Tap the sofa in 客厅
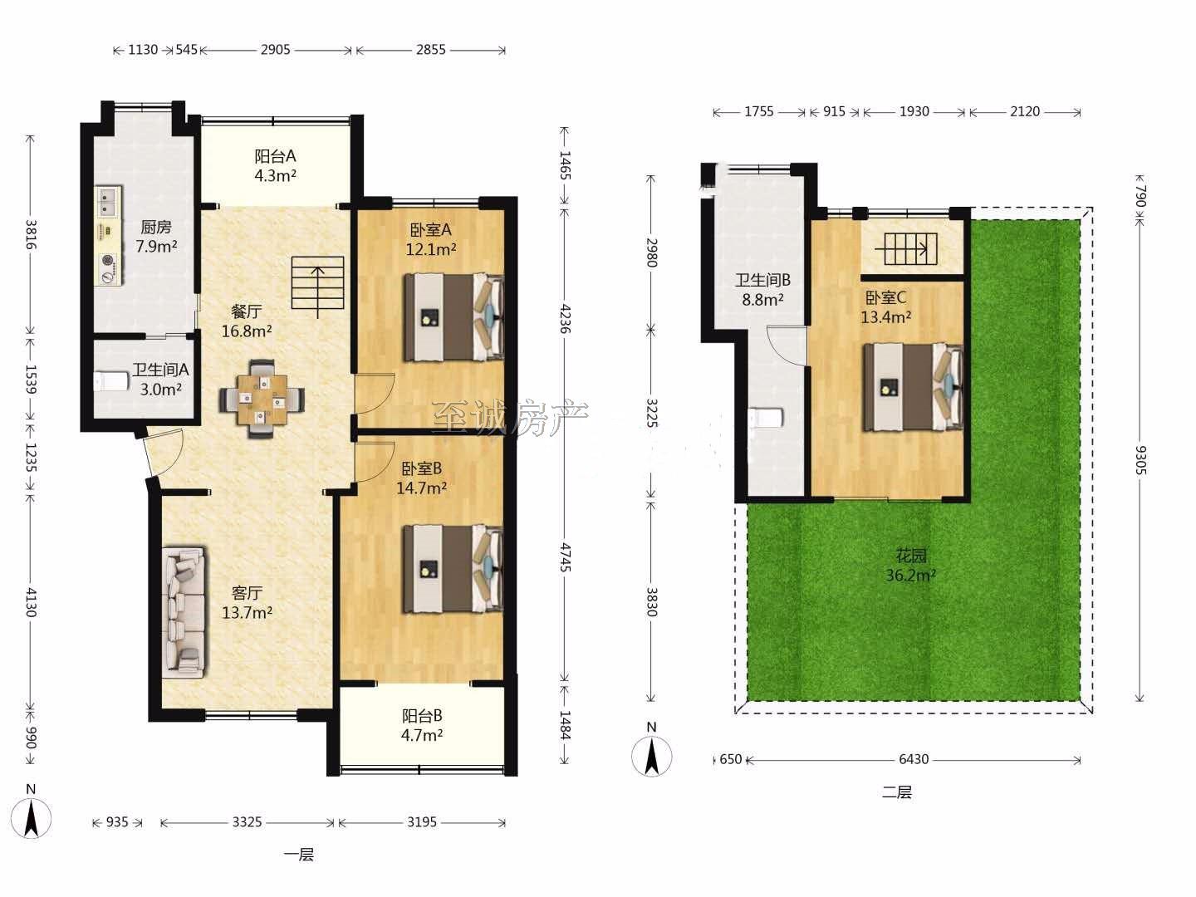pos(183,612)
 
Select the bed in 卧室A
pos(453,317)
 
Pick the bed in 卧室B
pos(453,569)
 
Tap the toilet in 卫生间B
pos(767,418)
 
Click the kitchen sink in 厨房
pos(108,201)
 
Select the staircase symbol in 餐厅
pos(317,287)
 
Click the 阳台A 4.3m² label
pos(275,165)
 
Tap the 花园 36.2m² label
pos(911,566)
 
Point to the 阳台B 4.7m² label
pos(422,725)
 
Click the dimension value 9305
pos(1140,460)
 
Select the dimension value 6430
pos(914,758)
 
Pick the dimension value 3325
pos(248,821)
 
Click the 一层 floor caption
pos(299,855)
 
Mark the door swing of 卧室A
pos(375,393)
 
